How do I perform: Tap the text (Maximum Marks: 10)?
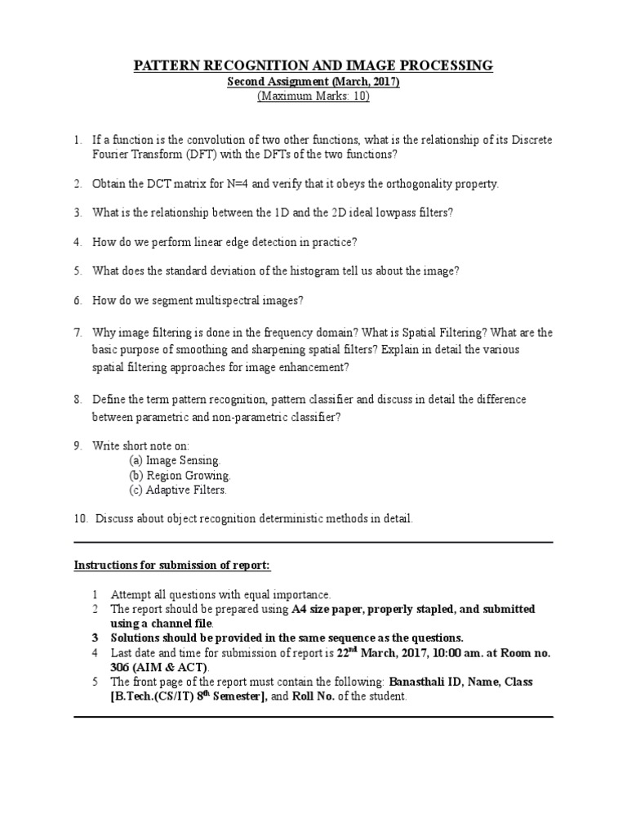point(313,96)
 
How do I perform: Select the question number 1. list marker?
point(77,141)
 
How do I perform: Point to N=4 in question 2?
point(255,184)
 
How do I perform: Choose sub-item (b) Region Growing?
point(180,476)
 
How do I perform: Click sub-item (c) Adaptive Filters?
point(178,490)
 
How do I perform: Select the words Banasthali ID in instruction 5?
point(425,682)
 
